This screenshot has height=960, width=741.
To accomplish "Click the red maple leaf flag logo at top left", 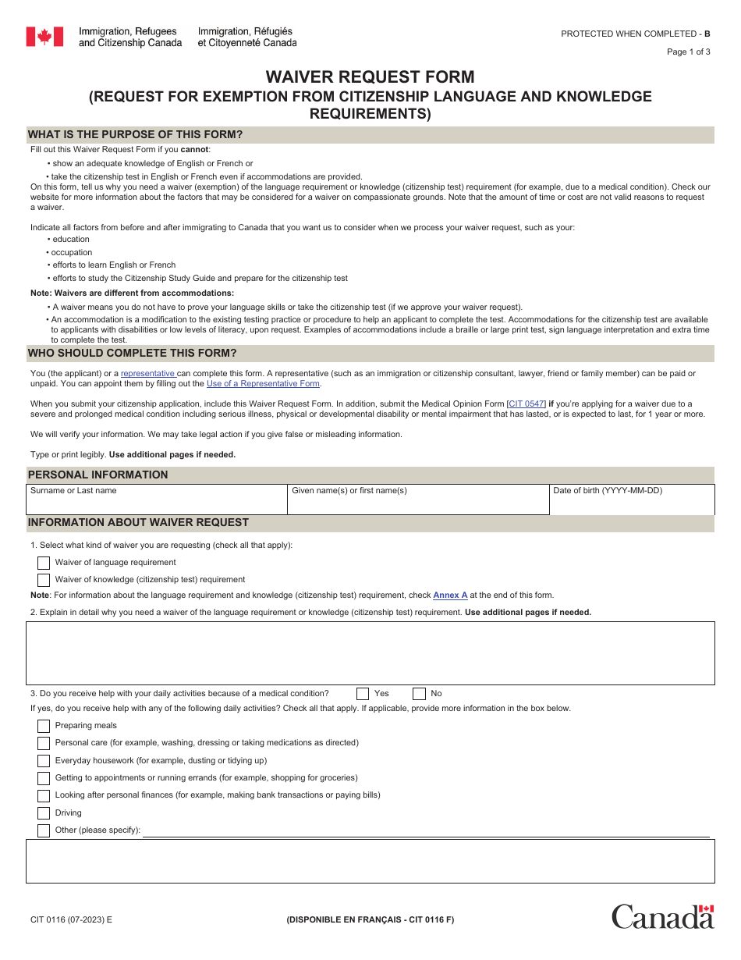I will pyautogui.click(x=44, y=37).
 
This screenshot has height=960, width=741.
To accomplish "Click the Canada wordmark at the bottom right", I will pyautogui.click(x=662, y=916).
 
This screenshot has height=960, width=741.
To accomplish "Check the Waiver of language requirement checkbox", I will pyautogui.click(x=44, y=563).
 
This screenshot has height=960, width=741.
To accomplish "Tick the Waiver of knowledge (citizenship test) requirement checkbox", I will pyautogui.click(x=44, y=580).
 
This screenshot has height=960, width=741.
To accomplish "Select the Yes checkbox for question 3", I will pyautogui.click(x=363, y=694).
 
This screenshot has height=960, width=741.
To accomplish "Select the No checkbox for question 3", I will pyautogui.click(x=420, y=694).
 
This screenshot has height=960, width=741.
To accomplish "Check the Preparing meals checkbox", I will pyautogui.click(x=44, y=726).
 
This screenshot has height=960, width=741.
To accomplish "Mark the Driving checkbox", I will pyautogui.click(x=44, y=813).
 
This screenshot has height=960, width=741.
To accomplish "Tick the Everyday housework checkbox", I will pyautogui.click(x=44, y=761).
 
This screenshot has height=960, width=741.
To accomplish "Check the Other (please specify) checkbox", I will pyautogui.click(x=44, y=830).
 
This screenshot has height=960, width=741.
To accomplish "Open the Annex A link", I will pyautogui.click(x=450, y=596).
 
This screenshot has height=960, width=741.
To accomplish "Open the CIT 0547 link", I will pyautogui.click(x=526, y=404).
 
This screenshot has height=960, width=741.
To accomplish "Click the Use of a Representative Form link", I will pyautogui.click(x=263, y=384).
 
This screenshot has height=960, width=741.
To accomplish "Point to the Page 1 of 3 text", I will pyautogui.click(x=688, y=52).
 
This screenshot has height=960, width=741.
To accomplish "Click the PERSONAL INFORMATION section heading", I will pyautogui.click(x=97, y=475).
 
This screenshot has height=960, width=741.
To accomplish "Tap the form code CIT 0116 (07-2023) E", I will pyautogui.click(x=71, y=919).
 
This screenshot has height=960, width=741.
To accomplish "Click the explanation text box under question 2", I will pyautogui.click(x=370, y=653).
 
